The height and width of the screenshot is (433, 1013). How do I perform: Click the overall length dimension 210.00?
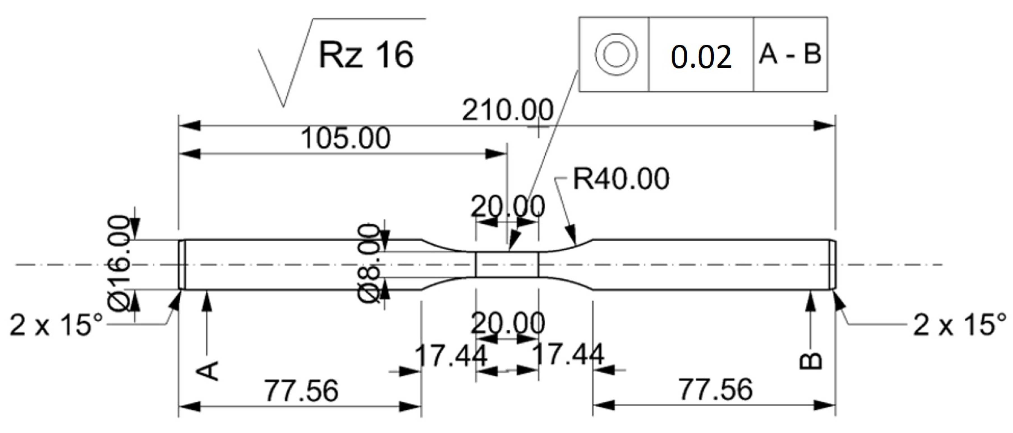(507, 111)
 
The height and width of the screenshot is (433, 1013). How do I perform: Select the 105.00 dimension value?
(345, 138)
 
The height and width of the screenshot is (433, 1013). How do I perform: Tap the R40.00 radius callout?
(621, 179)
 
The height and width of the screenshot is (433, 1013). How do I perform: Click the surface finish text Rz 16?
(366, 55)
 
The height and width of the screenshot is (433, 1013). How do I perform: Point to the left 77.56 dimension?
(301, 391)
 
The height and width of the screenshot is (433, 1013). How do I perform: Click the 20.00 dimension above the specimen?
(507, 207)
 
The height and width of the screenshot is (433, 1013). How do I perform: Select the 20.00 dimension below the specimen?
(507, 323)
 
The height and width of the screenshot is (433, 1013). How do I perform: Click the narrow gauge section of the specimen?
(507, 264)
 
